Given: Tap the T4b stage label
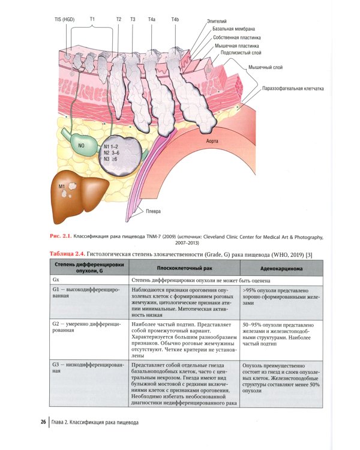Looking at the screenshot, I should pyautogui.click(x=175, y=20).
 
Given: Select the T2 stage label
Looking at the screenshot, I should pyautogui.click(x=119, y=20).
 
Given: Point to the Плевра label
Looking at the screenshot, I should pyautogui.click(x=153, y=211).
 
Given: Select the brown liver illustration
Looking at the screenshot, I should pyautogui.click(x=81, y=195).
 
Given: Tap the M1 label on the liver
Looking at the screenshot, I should pyautogui.click(x=62, y=187).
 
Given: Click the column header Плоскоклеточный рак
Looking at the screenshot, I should pyautogui.click(x=183, y=268).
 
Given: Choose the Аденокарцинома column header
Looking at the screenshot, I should pyautogui.click(x=276, y=268).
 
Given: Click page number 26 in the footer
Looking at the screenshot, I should pyautogui.click(x=44, y=421).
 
